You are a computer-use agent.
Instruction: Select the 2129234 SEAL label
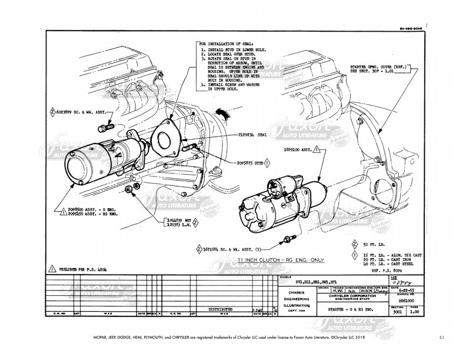point(248,135)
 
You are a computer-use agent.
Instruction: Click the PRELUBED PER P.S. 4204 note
point(85,268)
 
